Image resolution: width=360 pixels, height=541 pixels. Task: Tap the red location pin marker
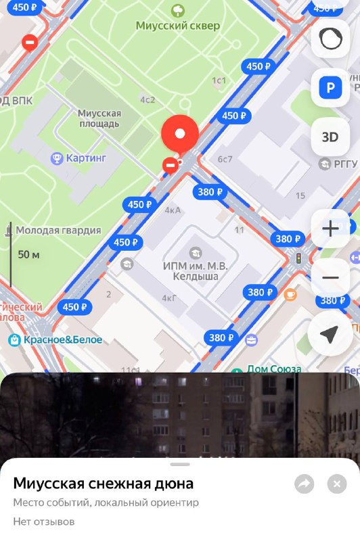tap(179, 133)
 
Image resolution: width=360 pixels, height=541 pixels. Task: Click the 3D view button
tap(330, 137)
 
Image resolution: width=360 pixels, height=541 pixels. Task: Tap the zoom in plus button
tap(330, 229)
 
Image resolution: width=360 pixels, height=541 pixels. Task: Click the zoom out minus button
tap(330, 277)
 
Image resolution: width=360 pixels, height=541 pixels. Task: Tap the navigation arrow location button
tap(330, 334)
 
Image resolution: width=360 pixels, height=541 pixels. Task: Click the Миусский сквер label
tap(178, 26)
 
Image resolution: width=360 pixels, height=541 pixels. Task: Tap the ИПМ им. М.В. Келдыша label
tap(196, 270)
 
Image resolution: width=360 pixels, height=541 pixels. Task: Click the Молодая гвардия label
tap(58, 230)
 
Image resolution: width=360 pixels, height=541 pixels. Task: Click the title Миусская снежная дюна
tap(104, 484)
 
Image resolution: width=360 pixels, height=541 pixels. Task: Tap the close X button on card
tap(336, 484)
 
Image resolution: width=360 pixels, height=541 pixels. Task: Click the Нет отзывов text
tap(43, 521)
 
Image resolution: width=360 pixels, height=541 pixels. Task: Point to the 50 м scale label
tap(28, 254)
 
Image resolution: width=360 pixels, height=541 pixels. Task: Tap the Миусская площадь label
tap(99, 118)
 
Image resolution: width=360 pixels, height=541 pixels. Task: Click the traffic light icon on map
tap(298, 258)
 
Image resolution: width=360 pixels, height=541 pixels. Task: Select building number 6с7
tap(225, 160)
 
